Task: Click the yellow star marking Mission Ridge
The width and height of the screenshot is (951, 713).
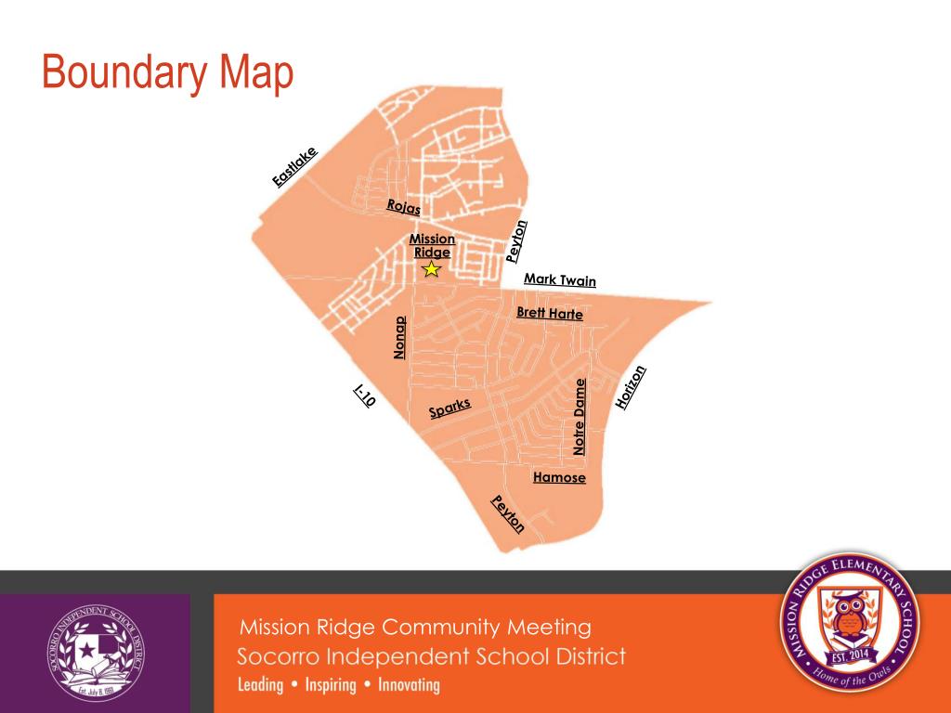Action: coord(431,269)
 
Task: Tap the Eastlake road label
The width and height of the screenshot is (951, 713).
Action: coord(294,167)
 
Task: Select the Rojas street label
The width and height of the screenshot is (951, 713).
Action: coord(403,206)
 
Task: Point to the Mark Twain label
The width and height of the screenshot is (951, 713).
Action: coord(560,279)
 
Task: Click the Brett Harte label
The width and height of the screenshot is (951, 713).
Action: coord(550,314)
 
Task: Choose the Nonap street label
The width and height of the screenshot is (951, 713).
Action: coord(400,338)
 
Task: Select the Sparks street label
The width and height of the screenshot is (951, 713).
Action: coord(450,408)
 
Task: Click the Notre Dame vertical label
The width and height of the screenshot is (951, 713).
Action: coord(580,416)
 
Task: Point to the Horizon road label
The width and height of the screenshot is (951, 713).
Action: coord(630,387)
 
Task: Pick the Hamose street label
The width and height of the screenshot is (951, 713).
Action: coord(559,477)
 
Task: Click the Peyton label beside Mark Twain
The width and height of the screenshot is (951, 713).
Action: coord(517,240)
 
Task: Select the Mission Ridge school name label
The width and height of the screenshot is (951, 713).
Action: coord(433,246)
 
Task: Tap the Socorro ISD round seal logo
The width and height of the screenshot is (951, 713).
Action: coord(96,653)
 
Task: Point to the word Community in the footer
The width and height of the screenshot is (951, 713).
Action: coord(439,627)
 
